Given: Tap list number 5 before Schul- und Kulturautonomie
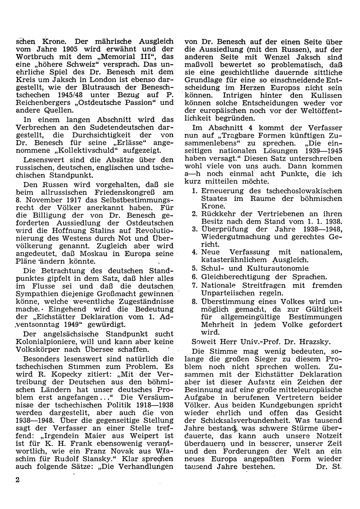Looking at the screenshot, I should pos(194,268).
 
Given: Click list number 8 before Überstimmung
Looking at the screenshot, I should pos(194,301).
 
